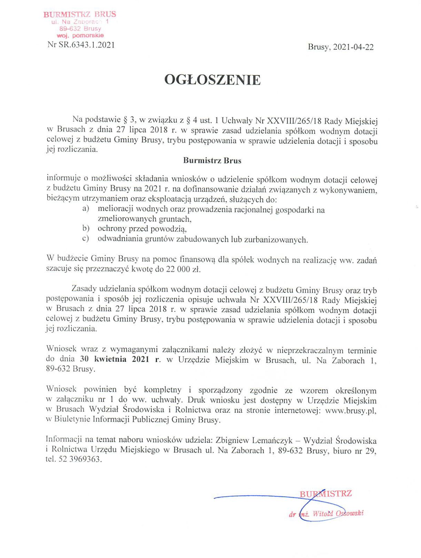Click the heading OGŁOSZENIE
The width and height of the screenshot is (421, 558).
(x=212, y=80)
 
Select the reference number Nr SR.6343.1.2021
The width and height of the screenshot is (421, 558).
(x=81, y=45)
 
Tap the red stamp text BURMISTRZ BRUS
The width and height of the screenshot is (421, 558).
(x=80, y=14)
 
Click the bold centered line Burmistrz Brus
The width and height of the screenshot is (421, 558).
(x=212, y=161)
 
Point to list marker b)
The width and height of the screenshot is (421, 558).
(x=86, y=228)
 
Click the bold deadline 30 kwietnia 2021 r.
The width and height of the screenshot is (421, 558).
(x=120, y=359)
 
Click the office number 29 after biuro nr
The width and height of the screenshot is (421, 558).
(x=370, y=451)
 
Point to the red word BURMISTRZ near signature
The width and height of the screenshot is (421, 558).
(x=326, y=494)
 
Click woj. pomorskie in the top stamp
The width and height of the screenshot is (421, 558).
(x=80, y=35)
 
